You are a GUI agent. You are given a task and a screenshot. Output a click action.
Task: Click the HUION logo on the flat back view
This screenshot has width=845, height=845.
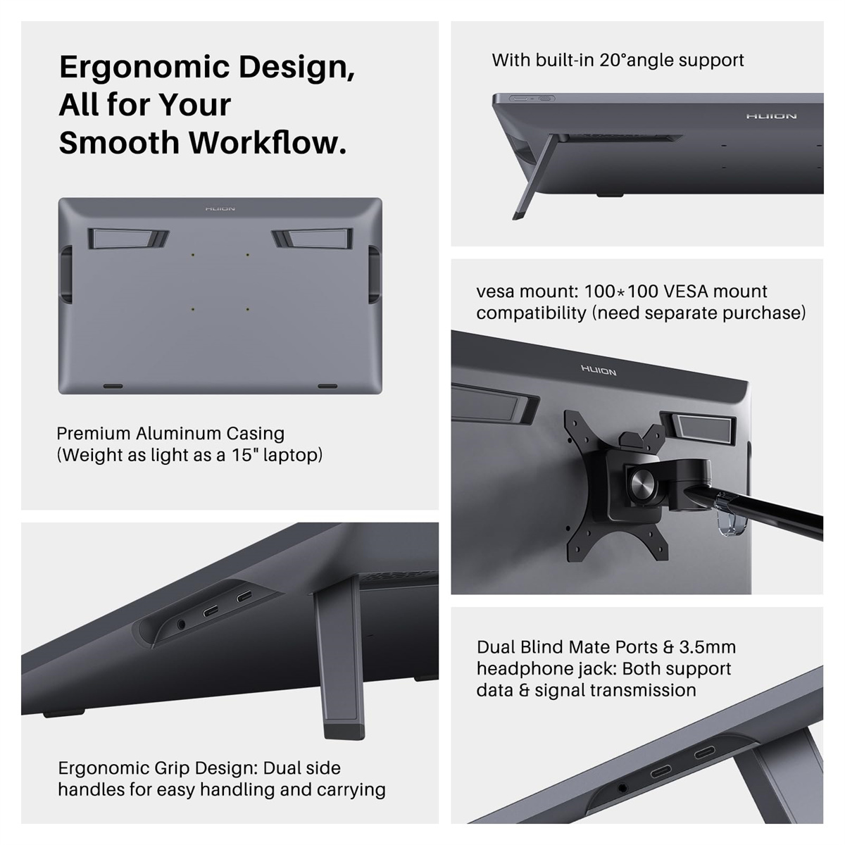pos(220,208)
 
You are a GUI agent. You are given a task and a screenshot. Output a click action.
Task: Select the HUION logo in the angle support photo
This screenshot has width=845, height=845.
pos(771,116)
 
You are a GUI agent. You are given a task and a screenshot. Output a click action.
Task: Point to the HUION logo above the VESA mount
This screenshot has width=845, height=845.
pos(599,370)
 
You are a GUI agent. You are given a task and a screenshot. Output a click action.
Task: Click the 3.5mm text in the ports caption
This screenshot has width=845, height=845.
pos(707,647)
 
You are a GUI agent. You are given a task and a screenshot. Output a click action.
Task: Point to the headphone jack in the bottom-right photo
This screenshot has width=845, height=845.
pos(622,787)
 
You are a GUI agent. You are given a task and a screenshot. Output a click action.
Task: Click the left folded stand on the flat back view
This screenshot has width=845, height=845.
pos(128,239)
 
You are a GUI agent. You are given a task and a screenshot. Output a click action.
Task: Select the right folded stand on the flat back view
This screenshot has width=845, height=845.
pos(312,239)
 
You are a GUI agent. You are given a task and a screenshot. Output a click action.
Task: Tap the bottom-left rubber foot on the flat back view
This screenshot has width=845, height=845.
pos(113,387)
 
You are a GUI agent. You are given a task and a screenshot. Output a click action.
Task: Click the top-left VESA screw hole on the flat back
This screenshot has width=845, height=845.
pos(193,255)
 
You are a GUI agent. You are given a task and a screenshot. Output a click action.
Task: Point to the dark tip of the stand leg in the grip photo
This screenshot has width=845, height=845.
pos(344,732)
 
